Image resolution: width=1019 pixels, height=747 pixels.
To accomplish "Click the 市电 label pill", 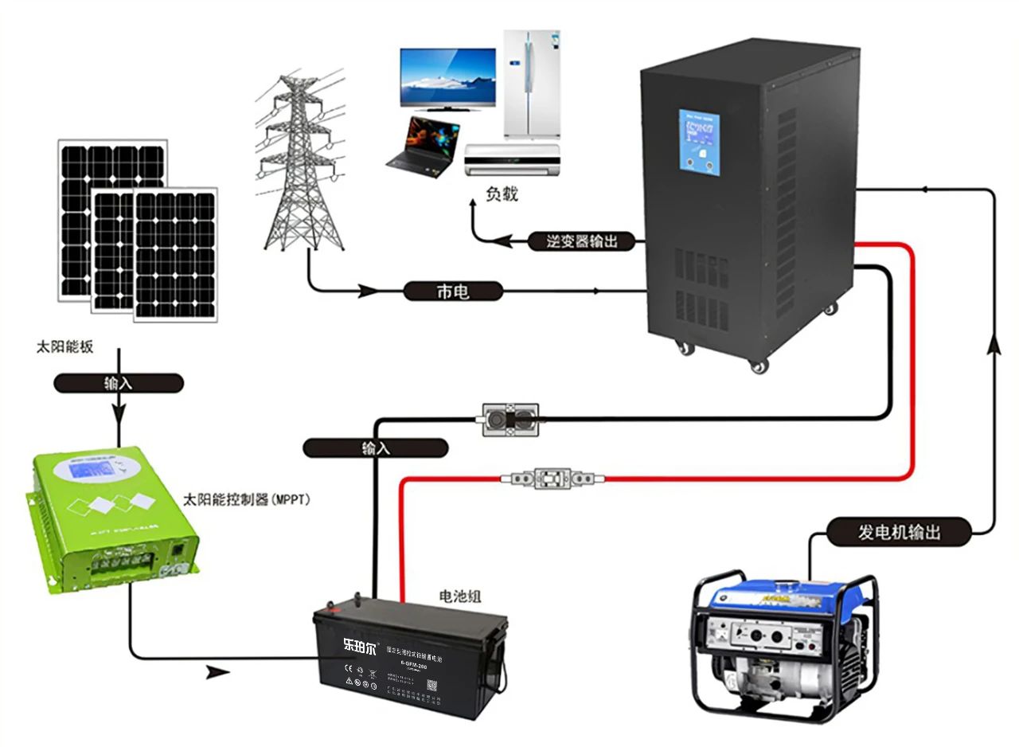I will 453,291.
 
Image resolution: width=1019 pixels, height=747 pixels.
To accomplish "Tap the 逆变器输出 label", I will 583,241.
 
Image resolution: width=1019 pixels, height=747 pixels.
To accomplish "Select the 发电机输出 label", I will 899,532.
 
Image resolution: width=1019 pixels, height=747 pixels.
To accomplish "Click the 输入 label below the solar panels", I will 118,383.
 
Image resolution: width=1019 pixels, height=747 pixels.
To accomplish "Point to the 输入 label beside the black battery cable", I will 375,448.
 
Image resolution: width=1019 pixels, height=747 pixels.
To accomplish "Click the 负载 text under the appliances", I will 502,194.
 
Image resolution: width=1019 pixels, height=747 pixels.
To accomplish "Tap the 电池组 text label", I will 461,596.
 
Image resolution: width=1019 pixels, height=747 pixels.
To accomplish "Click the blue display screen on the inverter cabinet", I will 699,142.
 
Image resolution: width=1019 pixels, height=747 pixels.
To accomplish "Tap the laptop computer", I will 423,146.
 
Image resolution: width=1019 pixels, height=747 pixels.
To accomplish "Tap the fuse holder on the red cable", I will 551,479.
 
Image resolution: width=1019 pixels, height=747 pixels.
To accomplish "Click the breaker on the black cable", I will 509,419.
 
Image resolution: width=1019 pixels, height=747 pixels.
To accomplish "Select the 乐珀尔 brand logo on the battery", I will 358,644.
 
